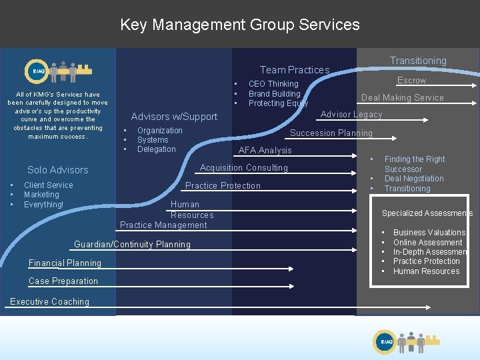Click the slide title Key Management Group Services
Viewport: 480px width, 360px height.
coord(240,25)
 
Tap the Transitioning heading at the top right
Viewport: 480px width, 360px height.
coord(418,61)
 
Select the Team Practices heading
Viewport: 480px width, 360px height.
coord(295,70)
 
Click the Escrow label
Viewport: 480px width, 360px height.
coord(411,81)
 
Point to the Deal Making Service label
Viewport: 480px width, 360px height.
coord(402,97)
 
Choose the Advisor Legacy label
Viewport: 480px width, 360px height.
coord(351,115)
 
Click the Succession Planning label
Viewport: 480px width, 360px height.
coord(331,133)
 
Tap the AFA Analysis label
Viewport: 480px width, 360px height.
coord(265,151)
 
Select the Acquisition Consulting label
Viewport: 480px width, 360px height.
coord(244,168)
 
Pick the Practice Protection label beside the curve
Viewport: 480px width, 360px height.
coord(223,186)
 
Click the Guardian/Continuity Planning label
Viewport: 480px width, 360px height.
coord(132,245)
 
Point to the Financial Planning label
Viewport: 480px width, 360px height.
coord(65,263)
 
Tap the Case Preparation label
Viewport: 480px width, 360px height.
coord(63,281)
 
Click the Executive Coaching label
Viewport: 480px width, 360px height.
coord(49,302)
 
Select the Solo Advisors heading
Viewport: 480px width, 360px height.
coord(58,171)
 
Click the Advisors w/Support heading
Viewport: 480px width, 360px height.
coord(174,117)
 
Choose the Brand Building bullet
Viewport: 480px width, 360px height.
coord(274,94)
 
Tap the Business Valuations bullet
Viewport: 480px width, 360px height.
coord(429,233)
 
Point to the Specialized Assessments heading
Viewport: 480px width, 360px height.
coord(427,213)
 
